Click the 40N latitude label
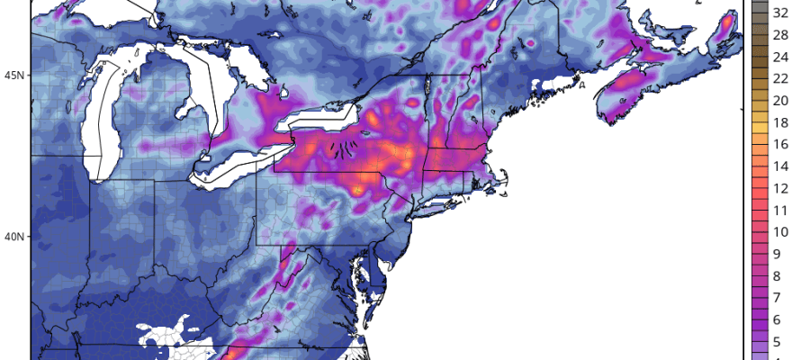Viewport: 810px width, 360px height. [x=13, y=237]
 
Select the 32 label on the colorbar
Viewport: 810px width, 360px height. [x=781, y=13]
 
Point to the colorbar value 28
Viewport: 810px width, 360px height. [x=781, y=34]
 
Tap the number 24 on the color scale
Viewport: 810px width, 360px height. [x=781, y=57]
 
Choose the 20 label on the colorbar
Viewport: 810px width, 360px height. [x=781, y=100]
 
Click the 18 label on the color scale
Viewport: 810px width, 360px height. [x=781, y=122]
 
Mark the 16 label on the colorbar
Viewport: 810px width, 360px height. [x=781, y=144]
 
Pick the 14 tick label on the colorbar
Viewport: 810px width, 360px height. [x=781, y=166]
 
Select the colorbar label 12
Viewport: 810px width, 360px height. [x=781, y=188]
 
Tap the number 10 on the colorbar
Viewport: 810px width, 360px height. [x=781, y=232]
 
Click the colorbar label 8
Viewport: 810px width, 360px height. [x=781, y=276]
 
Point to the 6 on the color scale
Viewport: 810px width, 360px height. [x=781, y=320]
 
